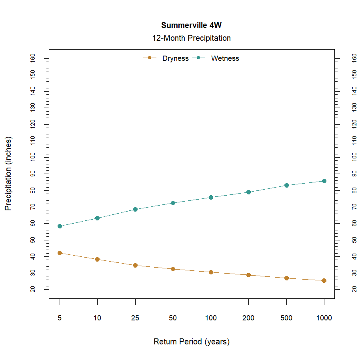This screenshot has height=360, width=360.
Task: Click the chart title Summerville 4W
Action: tap(191, 25)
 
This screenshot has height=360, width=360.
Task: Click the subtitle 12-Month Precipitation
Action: tap(191, 38)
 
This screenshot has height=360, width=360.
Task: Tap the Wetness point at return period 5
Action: tap(60, 226)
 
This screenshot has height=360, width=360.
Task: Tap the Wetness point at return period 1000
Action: tap(324, 181)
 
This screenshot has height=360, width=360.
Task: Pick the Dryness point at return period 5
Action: tap(60, 253)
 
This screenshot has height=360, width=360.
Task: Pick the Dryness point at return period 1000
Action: tap(324, 280)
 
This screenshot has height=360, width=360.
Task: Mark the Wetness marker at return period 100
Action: tap(211, 197)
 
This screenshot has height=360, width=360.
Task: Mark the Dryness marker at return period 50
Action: tap(173, 269)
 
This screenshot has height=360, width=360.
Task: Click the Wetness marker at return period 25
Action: tap(135, 209)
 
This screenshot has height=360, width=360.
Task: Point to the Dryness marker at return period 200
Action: tap(248, 275)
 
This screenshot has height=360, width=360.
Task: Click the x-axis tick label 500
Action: tap(286, 318)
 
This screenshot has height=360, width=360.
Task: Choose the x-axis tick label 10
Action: tap(97, 318)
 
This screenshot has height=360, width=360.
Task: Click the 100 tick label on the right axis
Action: tap(354, 157)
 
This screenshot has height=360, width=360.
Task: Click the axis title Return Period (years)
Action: tap(191, 342)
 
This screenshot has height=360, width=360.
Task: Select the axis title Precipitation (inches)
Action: tap(8, 174)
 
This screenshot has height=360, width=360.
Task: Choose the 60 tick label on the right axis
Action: tap(354, 223)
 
